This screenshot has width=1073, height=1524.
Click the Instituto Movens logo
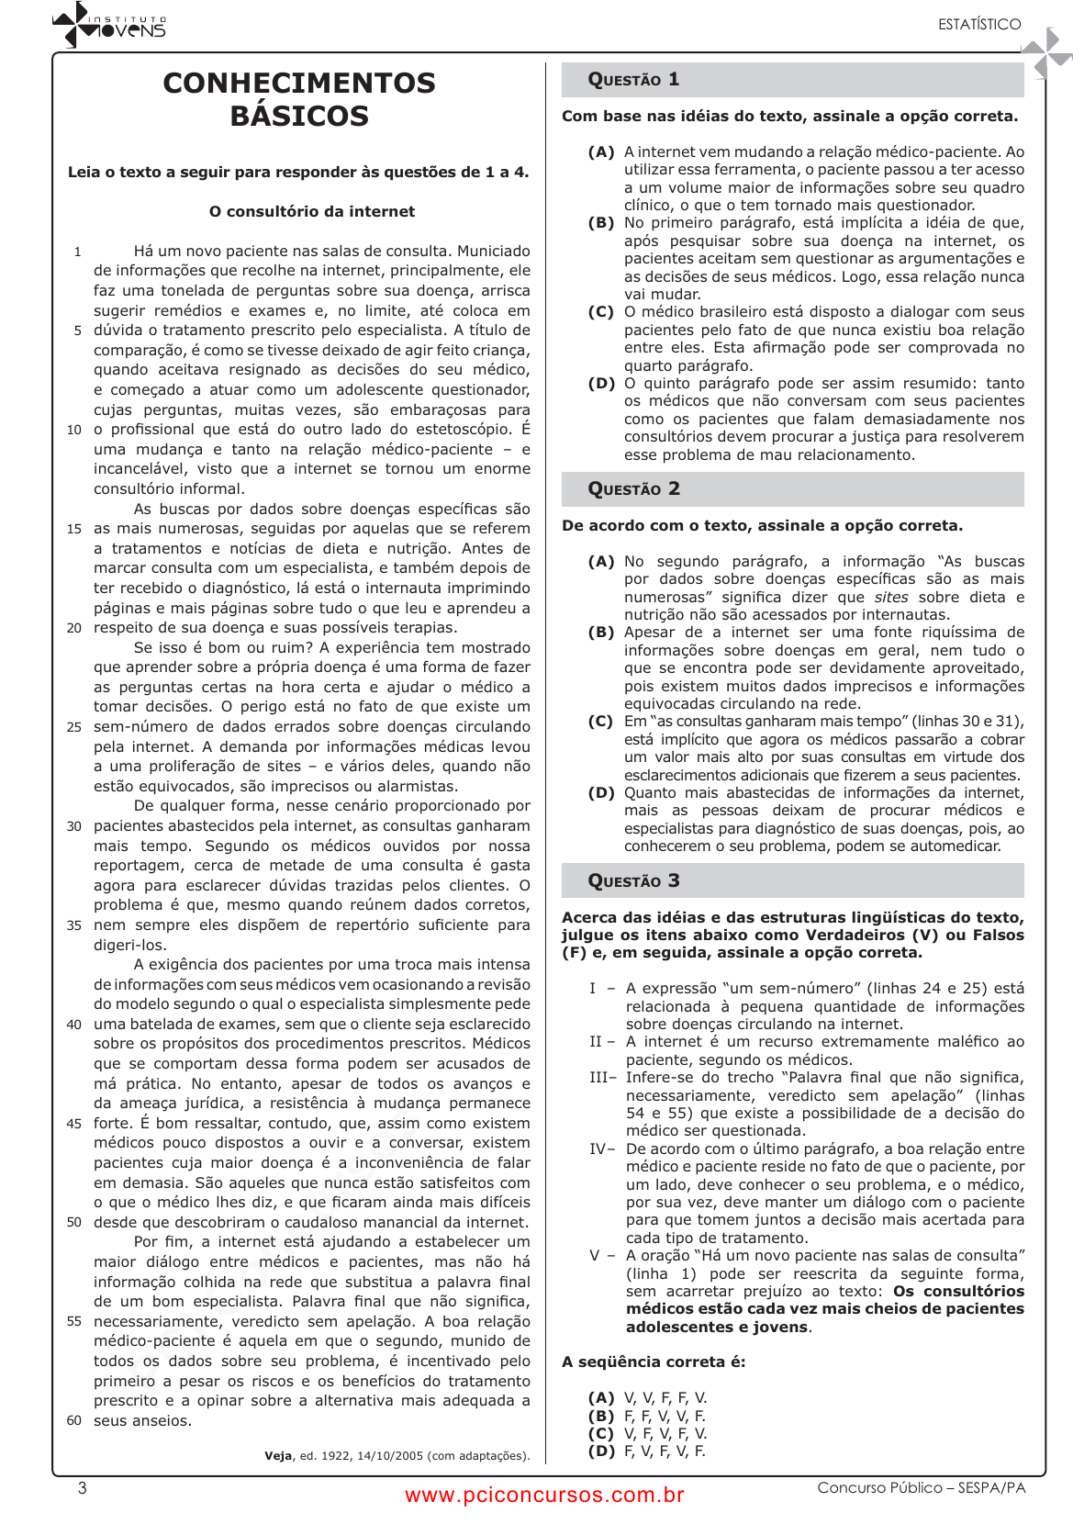(x=109, y=25)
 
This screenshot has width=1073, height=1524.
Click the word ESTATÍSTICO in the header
(x=978, y=25)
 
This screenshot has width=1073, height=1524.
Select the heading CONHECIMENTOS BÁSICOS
(x=299, y=99)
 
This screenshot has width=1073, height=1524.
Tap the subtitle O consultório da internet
(x=312, y=211)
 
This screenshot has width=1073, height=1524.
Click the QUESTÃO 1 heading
(x=633, y=80)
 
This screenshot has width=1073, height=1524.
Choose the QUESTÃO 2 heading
(x=633, y=489)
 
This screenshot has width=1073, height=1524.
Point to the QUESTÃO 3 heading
(x=633, y=881)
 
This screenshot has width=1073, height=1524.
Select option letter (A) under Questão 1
(x=601, y=152)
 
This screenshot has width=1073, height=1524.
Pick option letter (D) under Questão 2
(x=601, y=793)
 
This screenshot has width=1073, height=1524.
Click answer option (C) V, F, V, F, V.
(x=647, y=1434)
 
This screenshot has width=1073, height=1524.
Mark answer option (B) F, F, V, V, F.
(x=647, y=1417)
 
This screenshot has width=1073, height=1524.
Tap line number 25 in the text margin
(x=74, y=727)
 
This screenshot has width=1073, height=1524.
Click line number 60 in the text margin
(x=74, y=1421)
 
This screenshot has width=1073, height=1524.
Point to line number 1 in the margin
(x=78, y=252)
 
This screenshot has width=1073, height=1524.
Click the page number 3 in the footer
(x=83, y=1488)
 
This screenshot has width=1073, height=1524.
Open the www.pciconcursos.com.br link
(x=544, y=1496)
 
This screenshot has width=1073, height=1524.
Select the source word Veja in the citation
(x=278, y=1456)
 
